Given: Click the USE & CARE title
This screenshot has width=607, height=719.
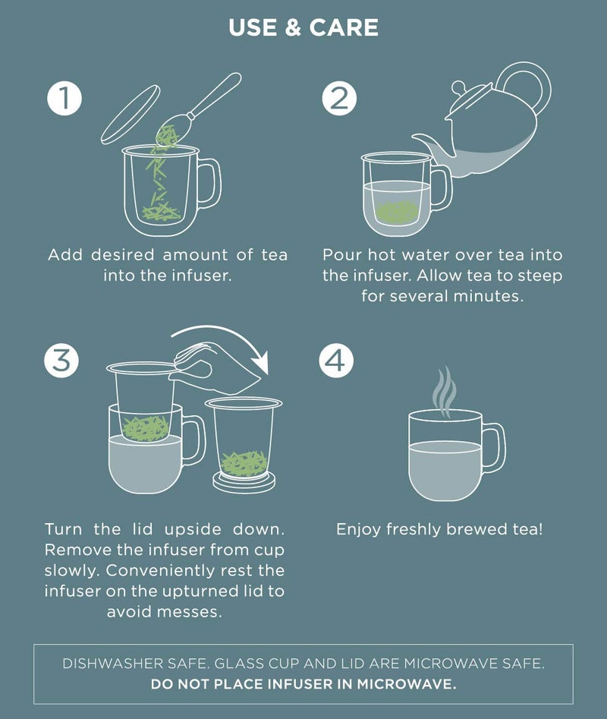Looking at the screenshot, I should tap(303, 29).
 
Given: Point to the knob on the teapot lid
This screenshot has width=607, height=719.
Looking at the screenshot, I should tap(461, 86).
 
